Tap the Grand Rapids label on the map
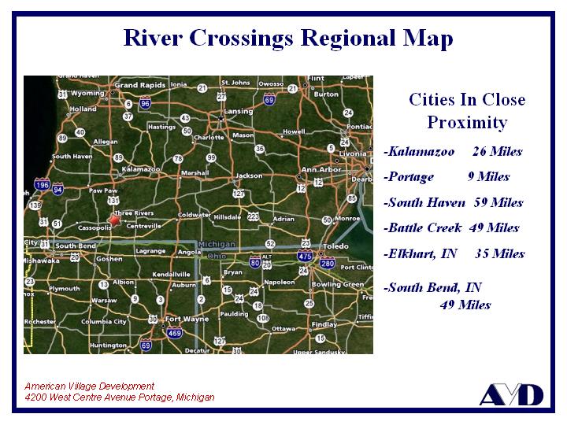click(139, 85)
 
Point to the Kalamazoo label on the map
click(141, 169)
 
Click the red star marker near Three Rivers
click(115, 221)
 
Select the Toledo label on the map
click(335, 246)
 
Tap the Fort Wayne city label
click(187, 319)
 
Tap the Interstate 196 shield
click(43, 186)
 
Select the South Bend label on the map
click(76, 246)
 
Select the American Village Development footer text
click(89, 386)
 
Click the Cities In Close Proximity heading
click(467, 111)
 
